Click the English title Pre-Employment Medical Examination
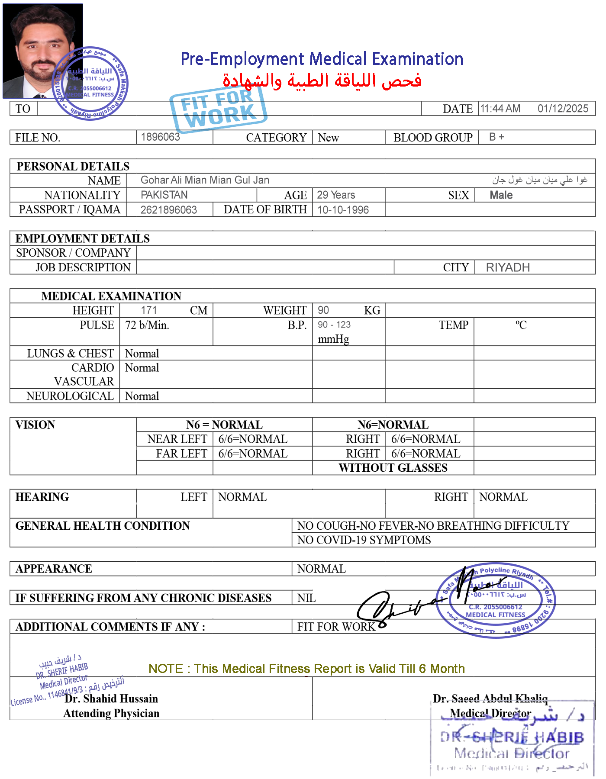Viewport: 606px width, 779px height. coord(322,59)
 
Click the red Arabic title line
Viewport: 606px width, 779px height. coord(322,81)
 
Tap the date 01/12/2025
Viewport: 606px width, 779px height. coord(563,109)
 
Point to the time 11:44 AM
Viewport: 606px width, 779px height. coord(500,109)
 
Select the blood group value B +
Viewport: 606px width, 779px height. coord(496,137)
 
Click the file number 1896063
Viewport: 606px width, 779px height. coord(160,137)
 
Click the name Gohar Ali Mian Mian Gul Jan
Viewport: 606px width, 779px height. coord(205,180)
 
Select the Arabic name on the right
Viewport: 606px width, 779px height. coord(539,180)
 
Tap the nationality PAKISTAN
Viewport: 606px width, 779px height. coord(164,195)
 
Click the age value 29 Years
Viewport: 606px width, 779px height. coord(336,195)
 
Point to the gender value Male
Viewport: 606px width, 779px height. coord(501,195)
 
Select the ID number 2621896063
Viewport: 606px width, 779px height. coord(168,210)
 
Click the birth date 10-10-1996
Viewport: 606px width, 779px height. coord(343,210)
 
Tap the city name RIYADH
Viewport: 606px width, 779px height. coord(508,267)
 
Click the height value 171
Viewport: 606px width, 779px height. coord(148,310)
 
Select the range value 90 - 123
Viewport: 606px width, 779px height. coord(334,325)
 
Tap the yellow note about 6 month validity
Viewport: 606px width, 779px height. coord(306,669)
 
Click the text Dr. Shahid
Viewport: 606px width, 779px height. coord(91,699)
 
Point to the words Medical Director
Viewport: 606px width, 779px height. coord(490,713)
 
